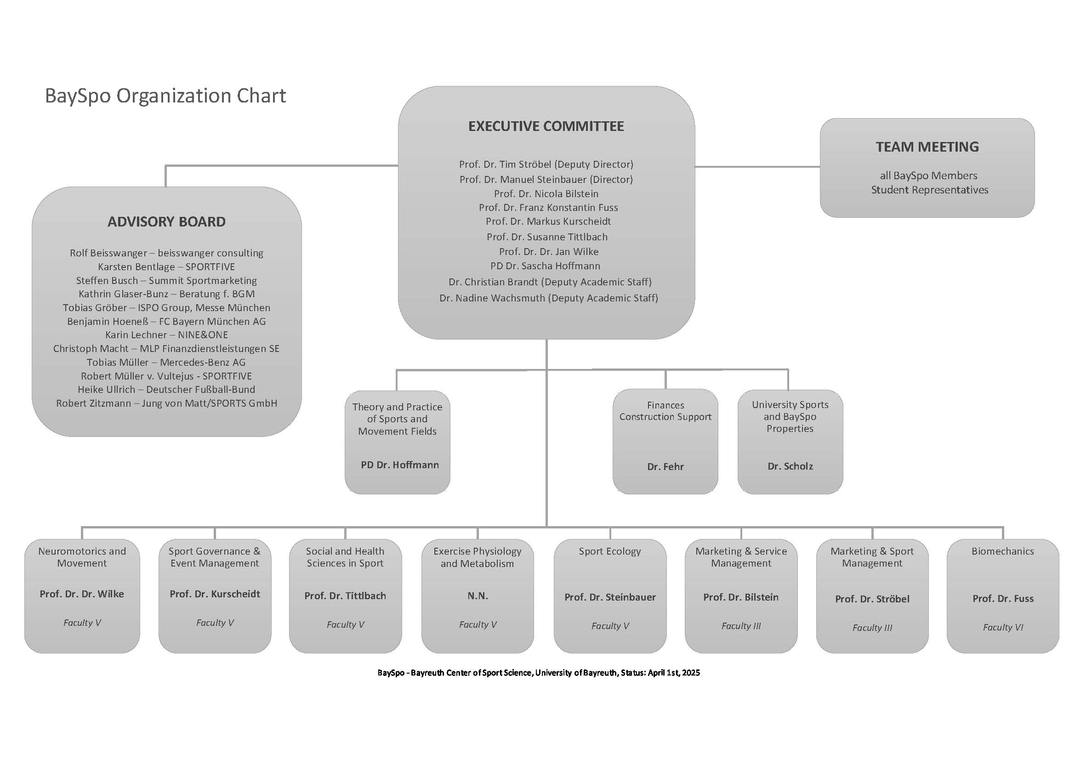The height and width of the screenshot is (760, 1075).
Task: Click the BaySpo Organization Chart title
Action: [165, 96]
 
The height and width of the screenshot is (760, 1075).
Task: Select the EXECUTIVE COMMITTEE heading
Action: [546, 126]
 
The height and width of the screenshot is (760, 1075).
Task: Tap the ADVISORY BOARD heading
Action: [166, 222]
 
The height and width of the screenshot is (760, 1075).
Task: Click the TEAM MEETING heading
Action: [927, 147]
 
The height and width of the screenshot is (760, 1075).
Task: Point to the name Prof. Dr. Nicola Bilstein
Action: [546, 194]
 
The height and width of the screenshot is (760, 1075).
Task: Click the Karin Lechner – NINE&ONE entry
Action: [166, 335]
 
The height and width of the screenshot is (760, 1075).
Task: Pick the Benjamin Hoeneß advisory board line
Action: [166, 322]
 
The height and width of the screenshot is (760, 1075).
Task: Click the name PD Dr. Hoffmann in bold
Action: [399, 465]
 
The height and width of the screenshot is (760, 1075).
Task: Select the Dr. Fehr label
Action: [665, 466]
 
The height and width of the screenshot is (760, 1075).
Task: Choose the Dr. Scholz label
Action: [790, 466]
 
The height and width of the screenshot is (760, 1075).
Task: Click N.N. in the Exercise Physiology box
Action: [478, 596]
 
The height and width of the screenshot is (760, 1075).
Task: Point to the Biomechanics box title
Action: [1002, 551]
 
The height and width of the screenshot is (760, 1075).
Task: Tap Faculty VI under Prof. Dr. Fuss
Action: [1002, 628]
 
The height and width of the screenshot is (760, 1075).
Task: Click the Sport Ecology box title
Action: [609, 551]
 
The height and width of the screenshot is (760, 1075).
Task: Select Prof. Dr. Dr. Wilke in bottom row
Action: [82, 594]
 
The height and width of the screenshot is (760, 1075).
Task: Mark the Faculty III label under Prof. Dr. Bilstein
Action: [741, 626]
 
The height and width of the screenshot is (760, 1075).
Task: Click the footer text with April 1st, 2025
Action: [539, 673]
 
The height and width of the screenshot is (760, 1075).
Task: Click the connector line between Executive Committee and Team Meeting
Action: [756, 167]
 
